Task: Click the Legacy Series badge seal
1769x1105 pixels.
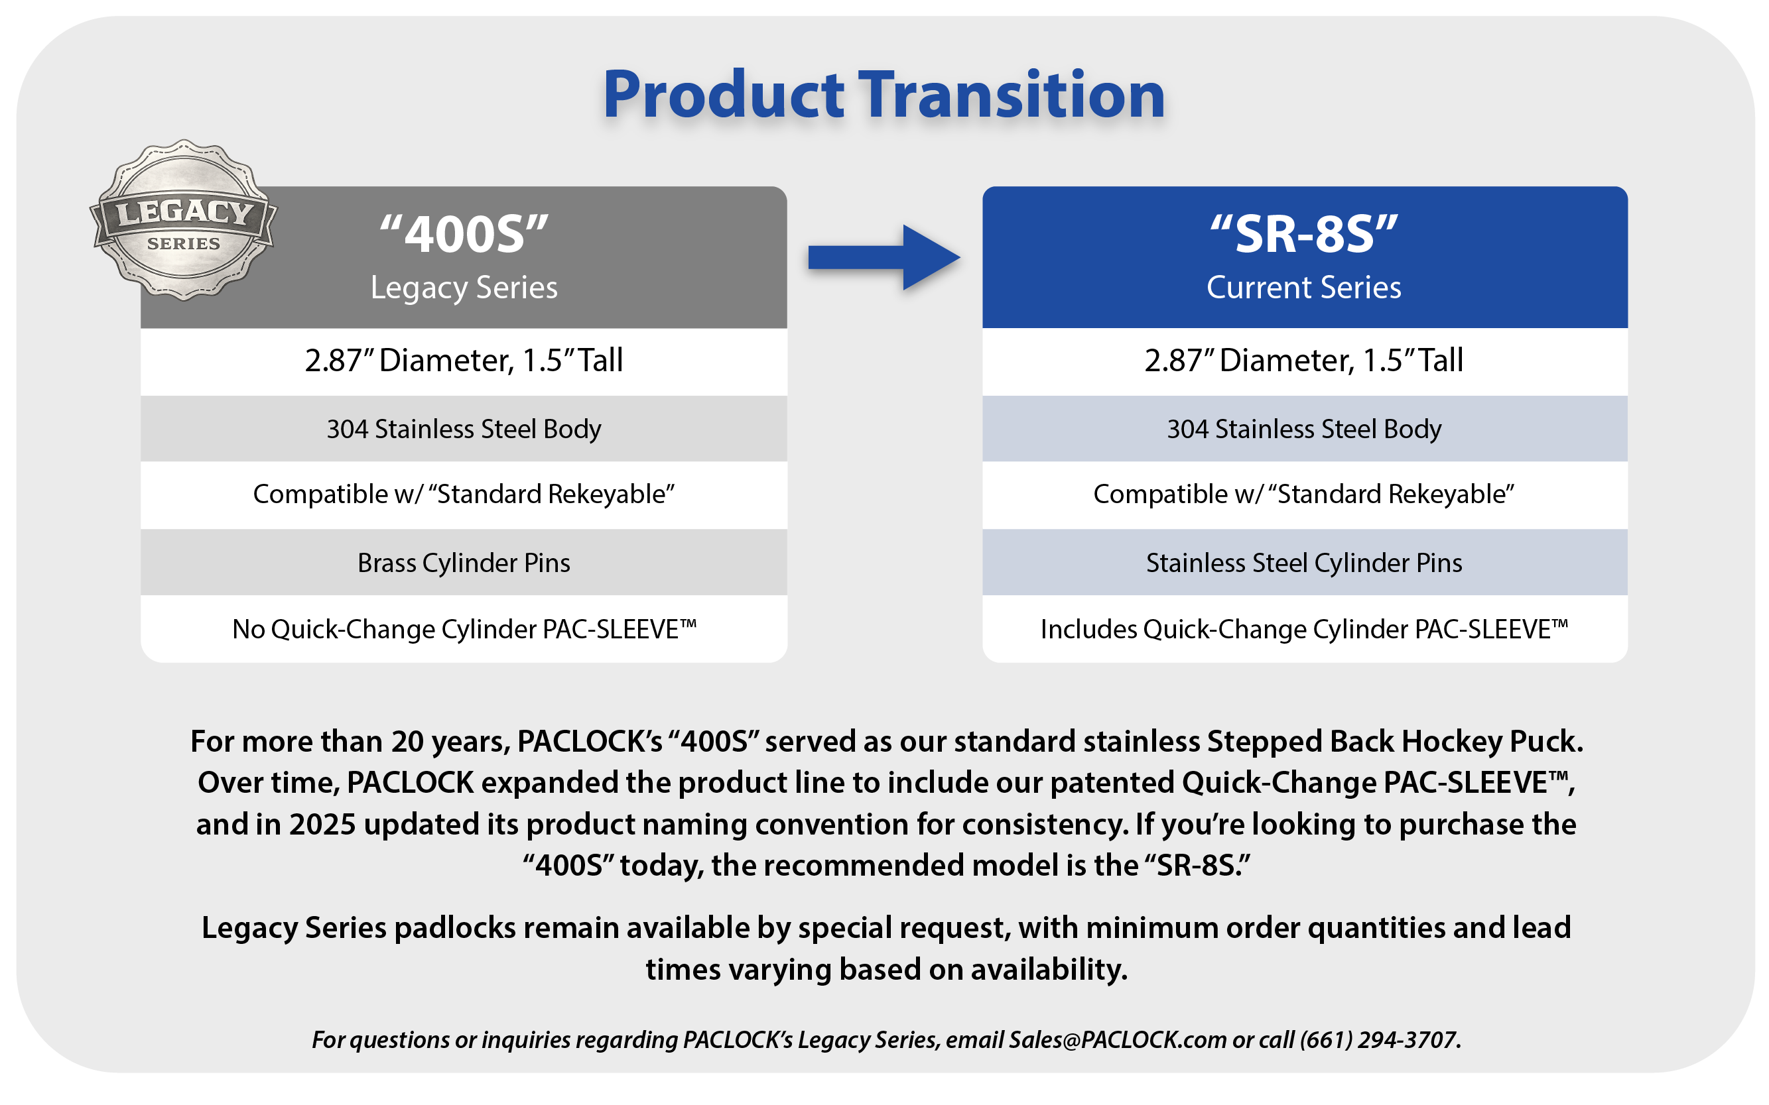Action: click(184, 220)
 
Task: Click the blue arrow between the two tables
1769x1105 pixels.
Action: click(884, 257)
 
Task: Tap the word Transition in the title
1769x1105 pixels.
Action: click(1012, 95)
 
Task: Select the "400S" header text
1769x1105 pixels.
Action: click(464, 234)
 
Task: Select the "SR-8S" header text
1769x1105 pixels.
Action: click(1304, 234)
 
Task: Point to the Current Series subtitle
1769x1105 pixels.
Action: click(1304, 287)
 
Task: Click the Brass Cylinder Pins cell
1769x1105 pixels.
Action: click(464, 563)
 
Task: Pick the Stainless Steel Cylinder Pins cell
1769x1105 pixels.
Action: click(1305, 563)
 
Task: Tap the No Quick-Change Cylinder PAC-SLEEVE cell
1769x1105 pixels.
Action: click(464, 629)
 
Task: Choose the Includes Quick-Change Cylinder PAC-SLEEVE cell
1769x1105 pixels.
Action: click(1305, 629)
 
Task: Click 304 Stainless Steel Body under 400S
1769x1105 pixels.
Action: click(464, 429)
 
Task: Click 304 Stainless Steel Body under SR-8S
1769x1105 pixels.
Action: click(1305, 429)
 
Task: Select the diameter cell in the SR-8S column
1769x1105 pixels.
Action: click(1305, 361)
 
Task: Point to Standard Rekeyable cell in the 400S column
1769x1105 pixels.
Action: click(464, 494)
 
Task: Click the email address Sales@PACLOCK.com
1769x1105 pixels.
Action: click(1118, 1040)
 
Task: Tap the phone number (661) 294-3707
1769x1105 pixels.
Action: click(1378, 1040)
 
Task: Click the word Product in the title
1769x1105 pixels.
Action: click(724, 95)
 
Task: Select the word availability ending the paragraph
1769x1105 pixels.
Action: click(1049, 970)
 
